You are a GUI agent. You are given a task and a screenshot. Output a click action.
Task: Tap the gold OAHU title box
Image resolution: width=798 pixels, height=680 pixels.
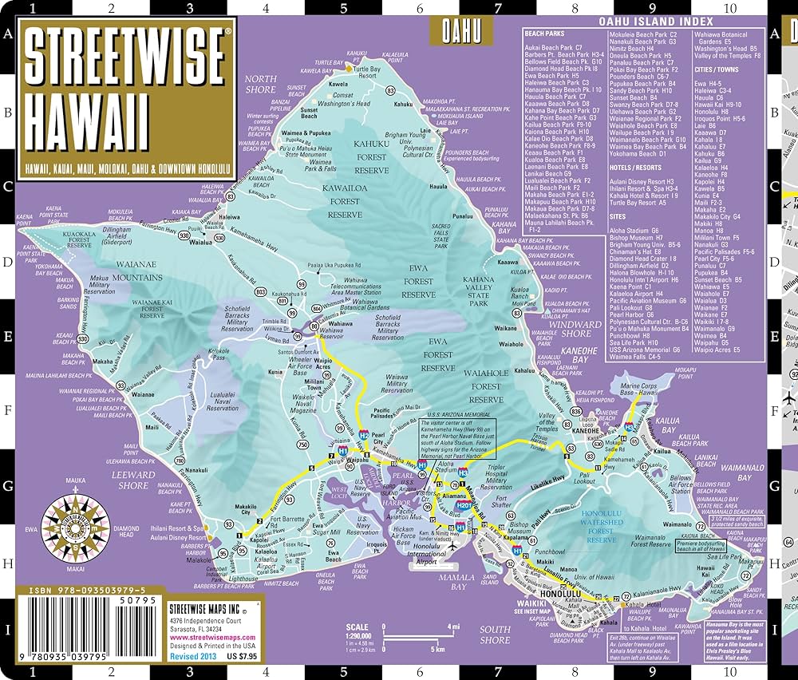coord(462,31)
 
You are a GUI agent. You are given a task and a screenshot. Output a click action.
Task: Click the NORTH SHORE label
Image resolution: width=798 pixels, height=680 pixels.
coord(260,84)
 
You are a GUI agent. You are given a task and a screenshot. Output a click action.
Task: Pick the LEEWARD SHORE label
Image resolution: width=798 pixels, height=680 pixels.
coord(133,480)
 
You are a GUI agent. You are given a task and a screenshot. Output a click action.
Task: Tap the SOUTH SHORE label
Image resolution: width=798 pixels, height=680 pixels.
coord(495,635)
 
